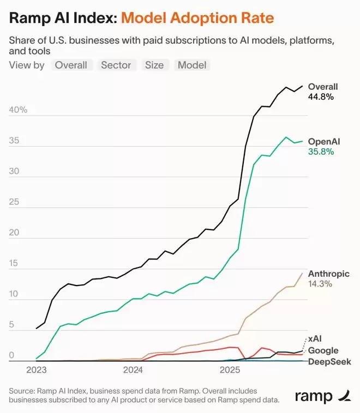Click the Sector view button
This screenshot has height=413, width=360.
click(116, 65)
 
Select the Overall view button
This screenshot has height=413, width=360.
click(72, 65)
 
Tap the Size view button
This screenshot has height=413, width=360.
click(154, 65)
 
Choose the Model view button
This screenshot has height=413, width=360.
click(192, 65)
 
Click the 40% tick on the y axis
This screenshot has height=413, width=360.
click(18, 110)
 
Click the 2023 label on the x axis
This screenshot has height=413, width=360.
click(36, 371)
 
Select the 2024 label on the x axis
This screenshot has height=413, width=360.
click(133, 371)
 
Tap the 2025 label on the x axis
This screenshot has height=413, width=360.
click(230, 371)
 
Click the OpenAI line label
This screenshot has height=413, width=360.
click(324, 142)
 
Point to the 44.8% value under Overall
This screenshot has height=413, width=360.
click(321, 96)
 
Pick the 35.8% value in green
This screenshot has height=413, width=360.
click(321, 152)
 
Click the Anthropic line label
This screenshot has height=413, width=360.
click(329, 274)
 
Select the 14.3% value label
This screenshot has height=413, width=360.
click(320, 284)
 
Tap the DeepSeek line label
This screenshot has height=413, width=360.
click(329, 361)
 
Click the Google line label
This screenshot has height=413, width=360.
click(323, 350)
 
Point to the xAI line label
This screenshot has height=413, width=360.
click(315, 339)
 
